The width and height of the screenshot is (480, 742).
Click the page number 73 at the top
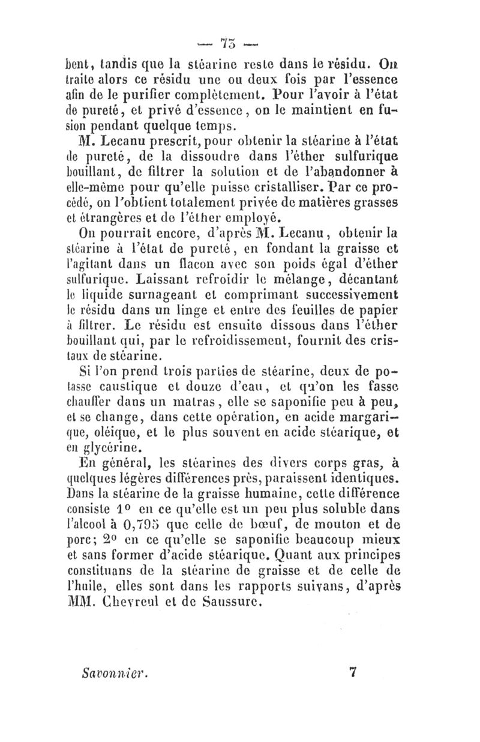point(230,43)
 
